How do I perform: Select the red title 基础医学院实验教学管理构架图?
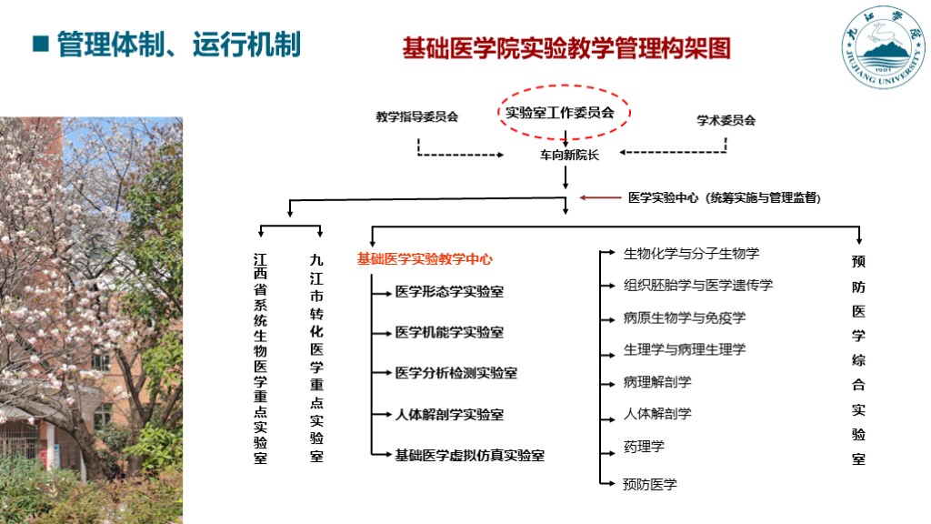point(566,48)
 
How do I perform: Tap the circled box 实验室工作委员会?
point(560,113)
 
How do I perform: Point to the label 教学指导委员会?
point(417,117)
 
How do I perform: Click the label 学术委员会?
point(726,120)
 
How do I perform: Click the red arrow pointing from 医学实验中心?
point(599,196)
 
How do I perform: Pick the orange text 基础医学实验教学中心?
point(425,259)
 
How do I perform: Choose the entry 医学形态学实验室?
point(449,292)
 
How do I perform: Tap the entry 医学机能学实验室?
point(449,333)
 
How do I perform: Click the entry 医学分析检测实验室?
point(455,373)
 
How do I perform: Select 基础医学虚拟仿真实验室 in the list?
point(469,455)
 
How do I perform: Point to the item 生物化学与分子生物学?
point(691,254)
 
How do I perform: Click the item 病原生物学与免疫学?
point(685,318)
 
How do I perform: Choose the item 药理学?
point(644,447)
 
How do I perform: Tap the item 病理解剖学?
point(657,382)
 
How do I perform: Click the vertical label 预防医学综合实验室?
point(858,360)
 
